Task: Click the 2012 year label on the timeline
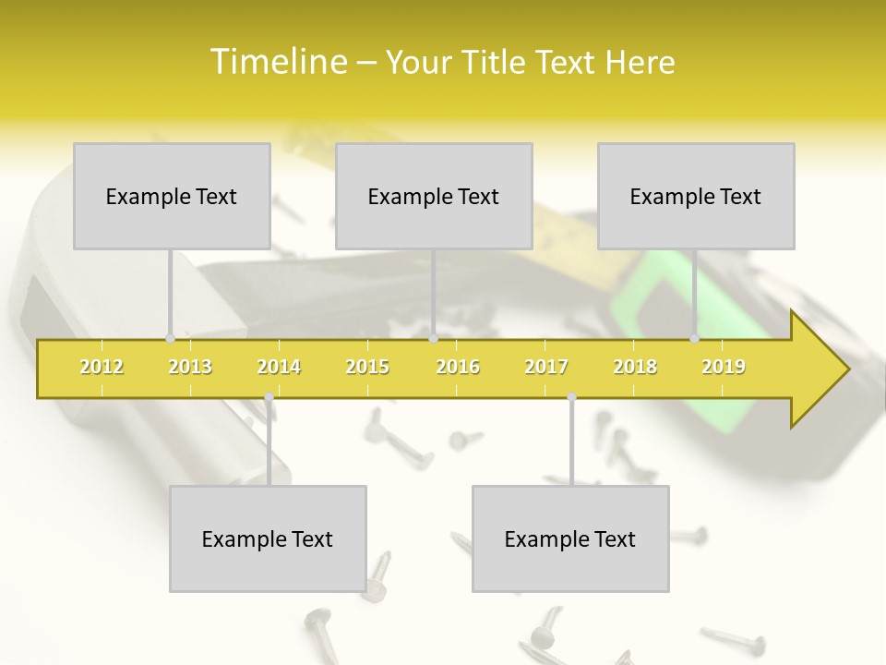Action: tap(102, 367)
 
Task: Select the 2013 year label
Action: tap(190, 367)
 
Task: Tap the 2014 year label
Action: tap(279, 367)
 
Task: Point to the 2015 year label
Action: tap(367, 367)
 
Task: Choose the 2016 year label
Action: tap(458, 367)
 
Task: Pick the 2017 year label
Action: tap(546, 367)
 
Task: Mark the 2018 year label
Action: tap(635, 367)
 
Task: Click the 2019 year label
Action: tap(724, 367)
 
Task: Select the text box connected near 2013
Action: tap(172, 196)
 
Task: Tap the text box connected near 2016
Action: tap(434, 196)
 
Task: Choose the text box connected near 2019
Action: tap(696, 196)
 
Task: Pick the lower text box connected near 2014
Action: tap(268, 538)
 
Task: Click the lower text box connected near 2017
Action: tap(570, 538)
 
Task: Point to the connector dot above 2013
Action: tap(170, 338)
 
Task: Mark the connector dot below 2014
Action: tap(269, 397)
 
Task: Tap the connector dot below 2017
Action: tap(571, 397)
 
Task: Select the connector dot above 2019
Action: tap(695, 338)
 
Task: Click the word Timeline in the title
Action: tap(278, 62)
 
